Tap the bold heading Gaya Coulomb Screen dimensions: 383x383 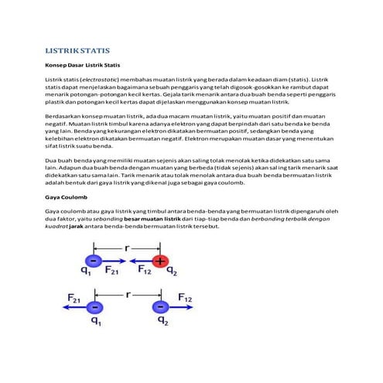point(66,197)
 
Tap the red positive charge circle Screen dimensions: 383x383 point(161,261)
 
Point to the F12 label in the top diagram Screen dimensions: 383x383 point(143,272)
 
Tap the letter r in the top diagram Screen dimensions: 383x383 point(127,248)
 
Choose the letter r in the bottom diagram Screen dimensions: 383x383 point(127,294)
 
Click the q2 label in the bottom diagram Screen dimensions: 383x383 point(162,321)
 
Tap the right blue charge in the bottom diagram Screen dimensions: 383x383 point(161,307)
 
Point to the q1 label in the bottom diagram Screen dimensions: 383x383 point(95,321)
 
